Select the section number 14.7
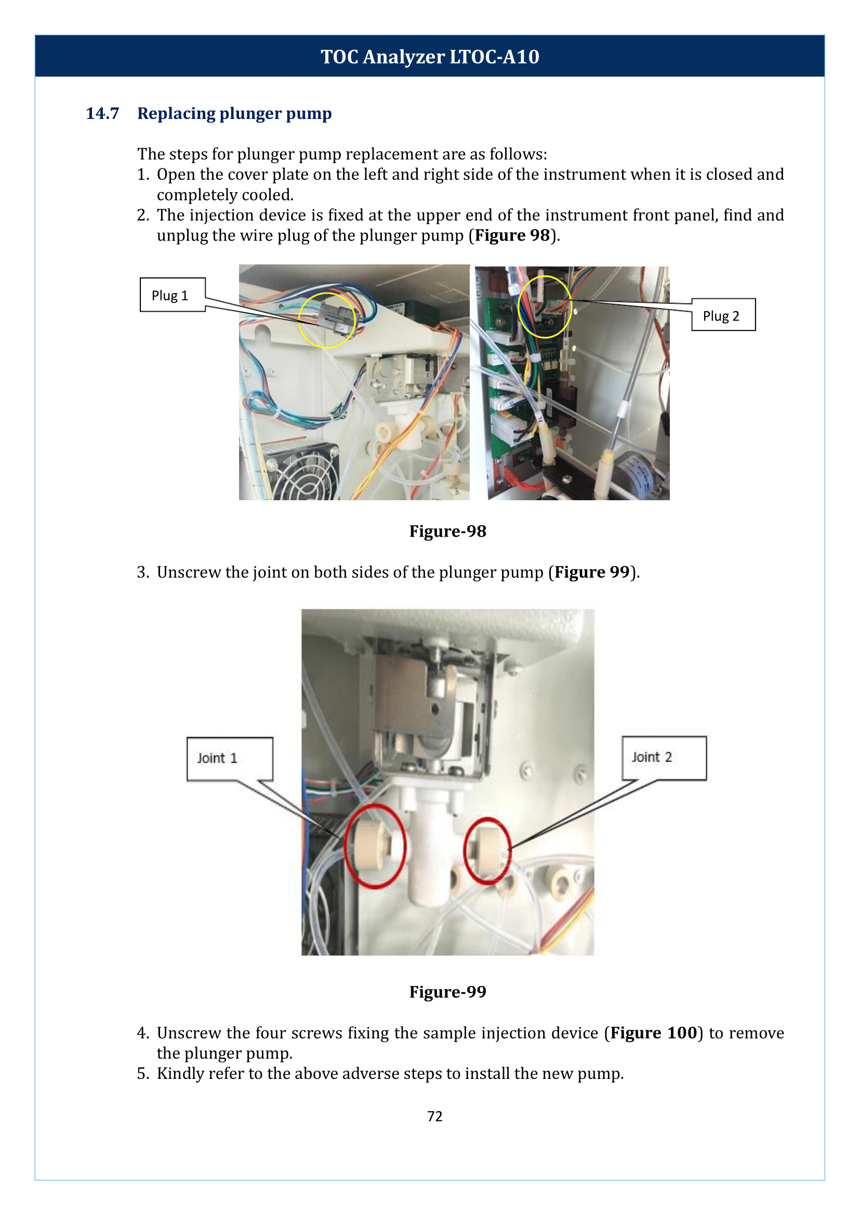pyautogui.click(x=102, y=113)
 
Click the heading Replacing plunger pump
pyautogui.click(x=234, y=113)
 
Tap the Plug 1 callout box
pyautogui.click(x=172, y=295)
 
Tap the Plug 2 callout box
pyautogui.click(x=723, y=315)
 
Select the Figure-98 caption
pyautogui.click(x=447, y=531)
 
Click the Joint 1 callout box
pyautogui.click(x=229, y=758)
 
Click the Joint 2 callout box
pyautogui.click(x=664, y=757)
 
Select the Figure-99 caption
pyautogui.click(x=447, y=992)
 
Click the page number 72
pyautogui.click(x=434, y=1116)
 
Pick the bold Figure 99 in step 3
pyautogui.click(x=591, y=572)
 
